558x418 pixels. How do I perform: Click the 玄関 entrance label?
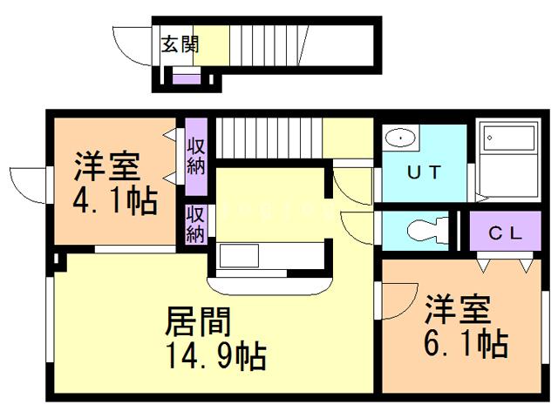click(180, 44)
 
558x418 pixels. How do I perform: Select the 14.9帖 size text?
click(215, 355)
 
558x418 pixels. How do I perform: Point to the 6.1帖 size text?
click(466, 345)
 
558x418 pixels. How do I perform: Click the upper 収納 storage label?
click(195, 152)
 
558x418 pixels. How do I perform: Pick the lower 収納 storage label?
click(195, 224)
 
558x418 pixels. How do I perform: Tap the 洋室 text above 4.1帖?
click(107, 165)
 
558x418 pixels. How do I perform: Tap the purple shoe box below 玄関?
click(185, 80)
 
